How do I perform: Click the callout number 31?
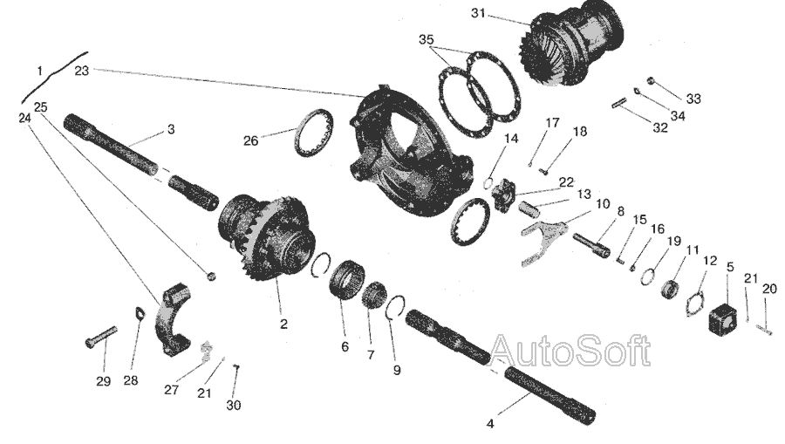[478, 13]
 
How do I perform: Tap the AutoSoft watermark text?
[570, 350]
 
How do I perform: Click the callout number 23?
[82, 71]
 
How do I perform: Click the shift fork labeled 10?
[543, 240]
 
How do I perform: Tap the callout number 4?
[490, 423]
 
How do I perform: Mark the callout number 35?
[426, 39]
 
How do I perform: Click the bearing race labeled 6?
[345, 280]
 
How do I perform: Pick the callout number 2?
[283, 324]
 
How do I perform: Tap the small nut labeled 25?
[211, 276]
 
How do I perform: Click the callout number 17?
[552, 123]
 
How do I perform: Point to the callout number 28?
[131, 380]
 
